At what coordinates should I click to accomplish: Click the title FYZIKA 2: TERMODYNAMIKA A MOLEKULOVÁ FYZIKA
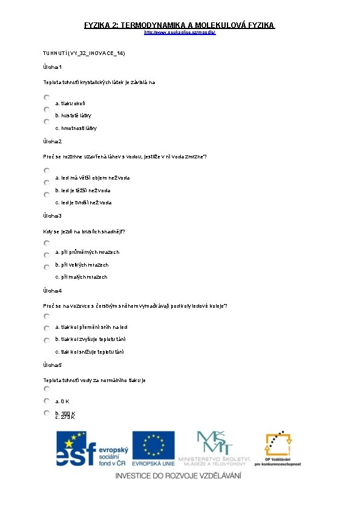tap(179, 25)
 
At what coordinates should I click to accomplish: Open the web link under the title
tap(179, 32)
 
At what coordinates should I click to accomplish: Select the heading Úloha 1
tap(53, 67)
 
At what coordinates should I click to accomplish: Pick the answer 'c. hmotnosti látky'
tap(76, 128)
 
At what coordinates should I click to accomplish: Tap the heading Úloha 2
tap(53, 141)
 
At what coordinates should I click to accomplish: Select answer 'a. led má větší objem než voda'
tap(93, 178)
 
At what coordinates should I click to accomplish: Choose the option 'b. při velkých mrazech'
tap(82, 265)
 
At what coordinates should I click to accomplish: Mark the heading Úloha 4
tap(53, 291)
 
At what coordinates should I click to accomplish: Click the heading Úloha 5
tap(53, 365)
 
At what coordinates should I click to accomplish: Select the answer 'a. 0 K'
tap(62, 401)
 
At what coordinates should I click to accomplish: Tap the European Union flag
tap(153, 445)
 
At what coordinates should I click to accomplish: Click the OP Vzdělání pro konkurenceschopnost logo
tap(278, 448)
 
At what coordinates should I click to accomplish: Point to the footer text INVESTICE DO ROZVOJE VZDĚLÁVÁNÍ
tap(179, 476)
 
